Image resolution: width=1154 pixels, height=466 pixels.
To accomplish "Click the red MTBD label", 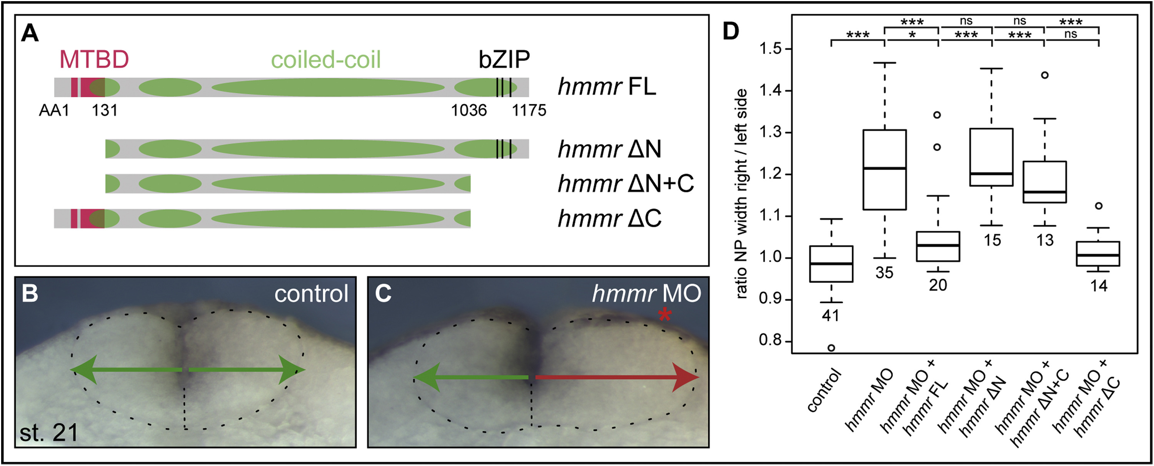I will tap(94, 59).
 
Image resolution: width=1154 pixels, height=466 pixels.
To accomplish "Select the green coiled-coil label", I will tap(326, 60).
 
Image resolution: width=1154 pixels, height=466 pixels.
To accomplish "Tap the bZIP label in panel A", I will tap(504, 59).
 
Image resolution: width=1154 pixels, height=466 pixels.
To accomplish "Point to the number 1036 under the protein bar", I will tap(469, 110).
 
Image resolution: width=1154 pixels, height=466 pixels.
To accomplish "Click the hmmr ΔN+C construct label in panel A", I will tap(625, 184).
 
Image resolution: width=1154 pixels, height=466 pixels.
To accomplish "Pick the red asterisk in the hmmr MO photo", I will tap(664, 315).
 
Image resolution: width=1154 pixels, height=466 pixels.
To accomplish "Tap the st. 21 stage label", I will tap(49, 433).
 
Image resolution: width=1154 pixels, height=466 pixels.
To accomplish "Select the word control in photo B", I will tap(311, 294).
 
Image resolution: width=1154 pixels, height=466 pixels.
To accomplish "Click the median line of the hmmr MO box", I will tap(884, 169).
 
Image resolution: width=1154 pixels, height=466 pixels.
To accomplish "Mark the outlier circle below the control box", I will tap(831, 348).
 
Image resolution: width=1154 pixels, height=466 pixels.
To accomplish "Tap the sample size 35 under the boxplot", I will tap(884, 273).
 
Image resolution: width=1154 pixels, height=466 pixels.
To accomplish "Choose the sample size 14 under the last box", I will tap(1099, 286).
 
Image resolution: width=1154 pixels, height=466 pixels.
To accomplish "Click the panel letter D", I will tap(730, 32).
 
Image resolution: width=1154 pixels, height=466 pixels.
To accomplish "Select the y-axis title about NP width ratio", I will tap(741, 194).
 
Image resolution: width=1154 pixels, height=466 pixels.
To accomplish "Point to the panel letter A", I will tap(30, 33).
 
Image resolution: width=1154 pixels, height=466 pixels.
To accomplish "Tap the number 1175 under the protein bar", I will tap(529, 110).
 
